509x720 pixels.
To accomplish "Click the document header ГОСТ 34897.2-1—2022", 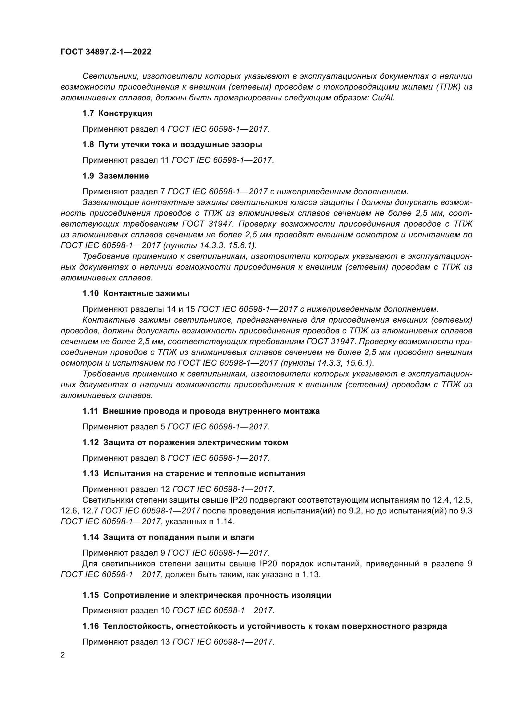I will pyautogui.click(x=106, y=52).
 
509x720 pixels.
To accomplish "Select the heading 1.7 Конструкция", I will pyautogui.click(x=118, y=114).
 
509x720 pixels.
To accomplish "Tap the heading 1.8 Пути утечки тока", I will pyautogui.click(x=172, y=145).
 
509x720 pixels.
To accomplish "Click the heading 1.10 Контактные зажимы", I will pyautogui.click(x=136, y=294).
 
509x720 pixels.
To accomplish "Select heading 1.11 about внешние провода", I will pyautogui.click(x=201, y=411).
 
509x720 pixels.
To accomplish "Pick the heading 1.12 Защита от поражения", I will pyautogui.click(x=185, y=442).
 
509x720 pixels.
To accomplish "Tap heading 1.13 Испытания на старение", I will pyautogui.click(x=194, y=473).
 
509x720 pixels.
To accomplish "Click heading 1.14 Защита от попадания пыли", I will pyautogui.click(x=168, y=537).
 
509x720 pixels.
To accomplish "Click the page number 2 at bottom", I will pyautogui.click(x=63, y=655).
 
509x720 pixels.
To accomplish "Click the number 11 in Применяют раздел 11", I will pyautogui.click(x=165, y=160).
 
